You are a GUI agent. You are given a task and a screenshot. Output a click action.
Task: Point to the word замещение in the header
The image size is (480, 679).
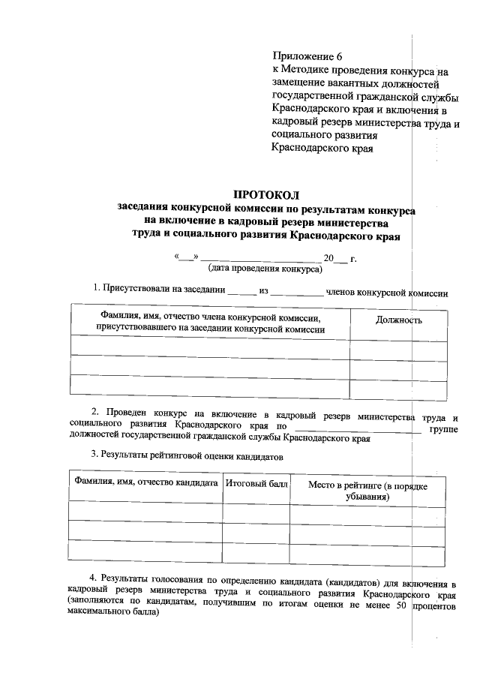pos(298,83)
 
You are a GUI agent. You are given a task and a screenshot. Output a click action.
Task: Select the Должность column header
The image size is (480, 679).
pos(397,320)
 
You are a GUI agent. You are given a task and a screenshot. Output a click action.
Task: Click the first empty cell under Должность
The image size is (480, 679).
pos(397,346)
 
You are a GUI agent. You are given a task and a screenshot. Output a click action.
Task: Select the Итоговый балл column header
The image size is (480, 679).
pos(256,484)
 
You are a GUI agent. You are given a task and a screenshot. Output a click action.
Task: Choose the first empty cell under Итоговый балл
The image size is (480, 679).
pos(256,512)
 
